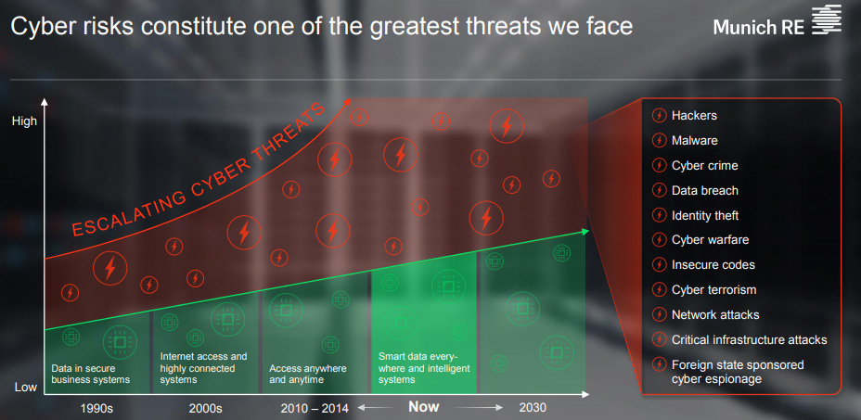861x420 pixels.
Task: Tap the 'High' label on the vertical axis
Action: click(x=24, y=121)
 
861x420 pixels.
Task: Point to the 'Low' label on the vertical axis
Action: click(x=25, y=387)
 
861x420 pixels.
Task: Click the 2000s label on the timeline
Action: click(x=205, y=409)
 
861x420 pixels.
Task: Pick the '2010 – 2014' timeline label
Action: click(x=315, y=409)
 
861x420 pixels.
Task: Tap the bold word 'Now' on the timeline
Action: click(x=424, y=407)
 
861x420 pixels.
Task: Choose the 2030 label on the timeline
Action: click(x=533, y=409)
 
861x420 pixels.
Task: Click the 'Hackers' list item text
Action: click(x=694, y=115)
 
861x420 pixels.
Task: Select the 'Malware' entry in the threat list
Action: click(x=695, y=141)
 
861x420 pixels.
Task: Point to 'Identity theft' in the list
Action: click(x=705, y=215)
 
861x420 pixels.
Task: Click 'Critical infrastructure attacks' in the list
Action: click(x=749, y=340)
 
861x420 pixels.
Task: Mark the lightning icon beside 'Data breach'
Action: click(x=659, y=190)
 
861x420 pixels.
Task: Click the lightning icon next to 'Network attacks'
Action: click(x=659, y=314)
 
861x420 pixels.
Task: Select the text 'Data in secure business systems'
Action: click(x=91, y=374)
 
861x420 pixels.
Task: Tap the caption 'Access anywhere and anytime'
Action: click(x=307, y=374)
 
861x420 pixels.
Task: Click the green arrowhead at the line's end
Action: click(x=585, y=231)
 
